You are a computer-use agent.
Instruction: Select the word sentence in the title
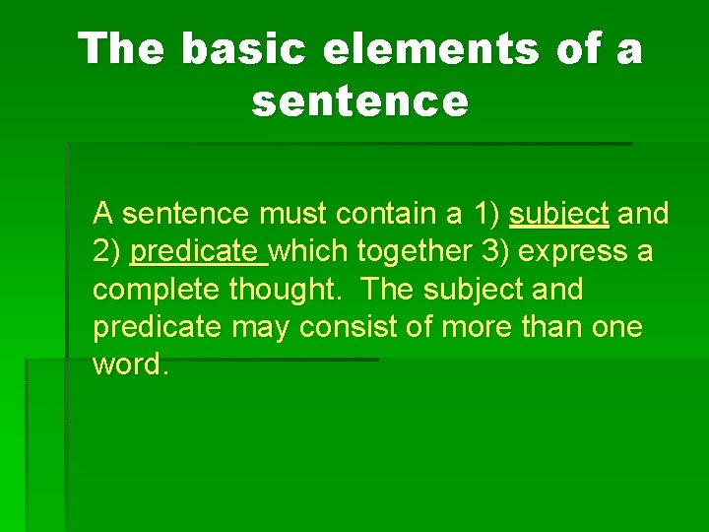[x=359, y=100]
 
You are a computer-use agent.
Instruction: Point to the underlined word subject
[x=559, y=214]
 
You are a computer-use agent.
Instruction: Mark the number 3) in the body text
[x=495, y=252]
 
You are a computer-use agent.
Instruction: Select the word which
[x=309, y=252]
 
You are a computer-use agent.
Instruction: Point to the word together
[x=414, y=252]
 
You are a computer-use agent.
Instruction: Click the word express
[x=573, y=252]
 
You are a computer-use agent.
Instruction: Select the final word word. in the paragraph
[x=131, y=366]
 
